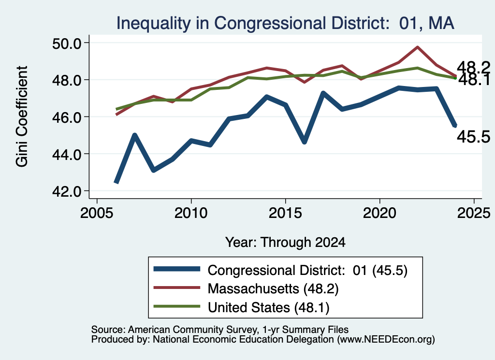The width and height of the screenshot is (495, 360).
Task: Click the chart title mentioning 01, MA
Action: coord(285,23)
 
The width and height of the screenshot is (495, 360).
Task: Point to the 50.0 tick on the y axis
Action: coord(66,43)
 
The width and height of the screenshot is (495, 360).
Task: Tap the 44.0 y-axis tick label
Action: coord(66,154)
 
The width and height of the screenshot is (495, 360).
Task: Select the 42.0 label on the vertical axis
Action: coord(66,191)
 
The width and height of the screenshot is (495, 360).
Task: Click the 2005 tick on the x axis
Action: coord(97,213)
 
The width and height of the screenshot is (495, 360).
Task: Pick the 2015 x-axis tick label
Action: coord(285,213)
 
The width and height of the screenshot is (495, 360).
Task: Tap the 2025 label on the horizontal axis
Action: coord(474,213)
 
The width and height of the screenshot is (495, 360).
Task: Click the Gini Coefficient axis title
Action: coord(21,116)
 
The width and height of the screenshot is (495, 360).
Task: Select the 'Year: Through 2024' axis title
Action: coord(285,242)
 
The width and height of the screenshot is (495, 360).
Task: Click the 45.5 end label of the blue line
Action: coord(474,137)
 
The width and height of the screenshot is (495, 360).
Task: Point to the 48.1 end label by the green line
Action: coord(474,80)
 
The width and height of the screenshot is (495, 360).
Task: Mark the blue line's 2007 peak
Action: coord(135,135)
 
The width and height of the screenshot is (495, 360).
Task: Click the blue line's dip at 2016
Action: coord(305,142)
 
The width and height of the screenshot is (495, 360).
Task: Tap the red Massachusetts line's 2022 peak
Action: coord(417,47)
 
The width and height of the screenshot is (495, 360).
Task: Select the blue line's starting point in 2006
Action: coord(116,182)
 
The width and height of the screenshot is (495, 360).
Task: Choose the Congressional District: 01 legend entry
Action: coord(281,271)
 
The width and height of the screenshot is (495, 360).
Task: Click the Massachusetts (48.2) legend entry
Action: coord(246,288)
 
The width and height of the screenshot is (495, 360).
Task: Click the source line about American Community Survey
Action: coord(220,330)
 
